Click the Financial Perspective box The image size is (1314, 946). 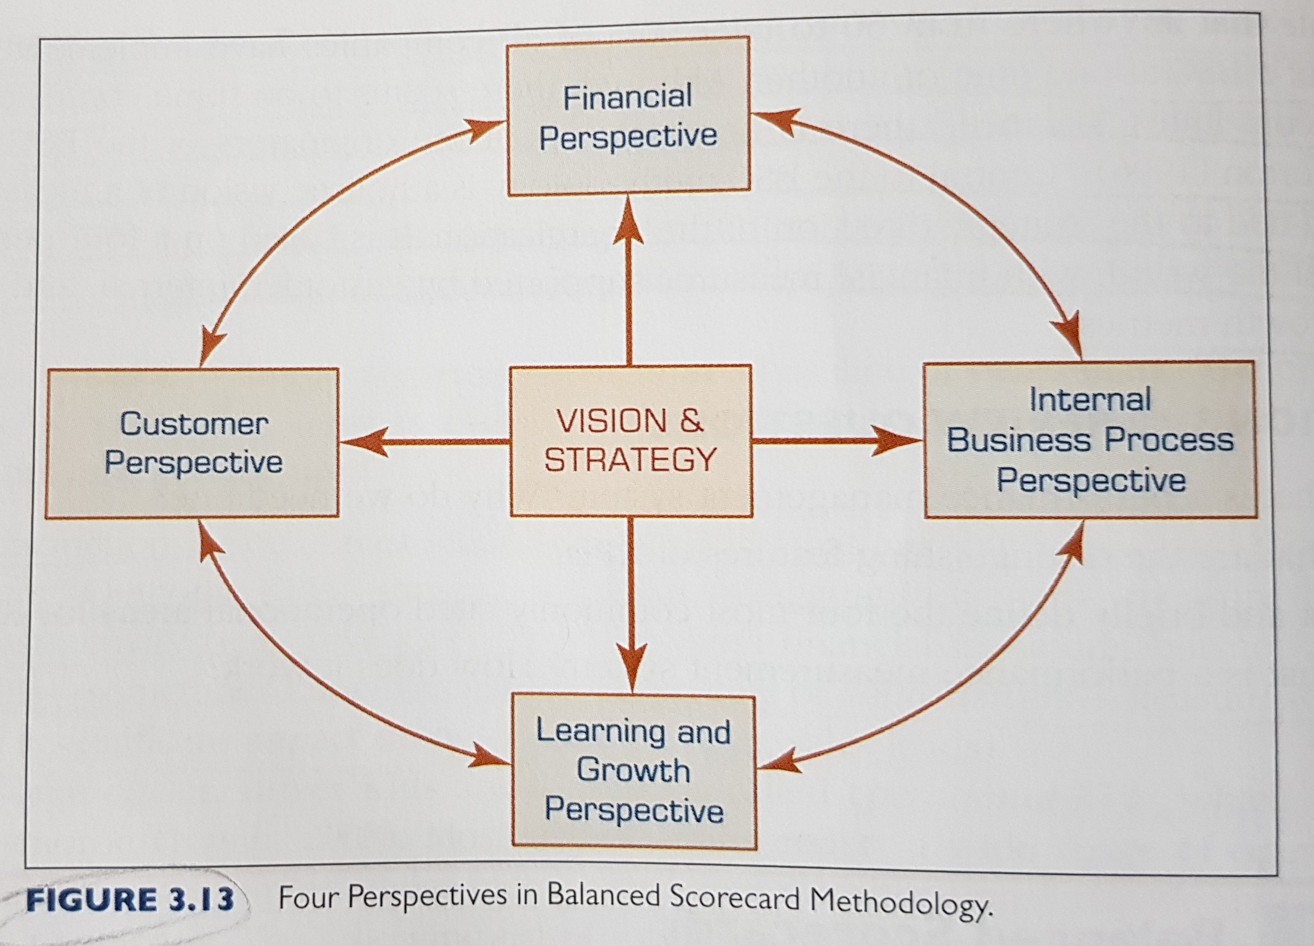629,116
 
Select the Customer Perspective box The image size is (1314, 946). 192,443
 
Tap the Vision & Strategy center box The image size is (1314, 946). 631,440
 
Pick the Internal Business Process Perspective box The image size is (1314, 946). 1090,439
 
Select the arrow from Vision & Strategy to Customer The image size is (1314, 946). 424,443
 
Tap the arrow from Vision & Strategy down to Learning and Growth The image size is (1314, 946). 631,605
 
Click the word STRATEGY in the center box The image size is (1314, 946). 631,460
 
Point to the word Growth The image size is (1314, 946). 633,770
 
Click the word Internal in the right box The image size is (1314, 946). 1090,400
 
